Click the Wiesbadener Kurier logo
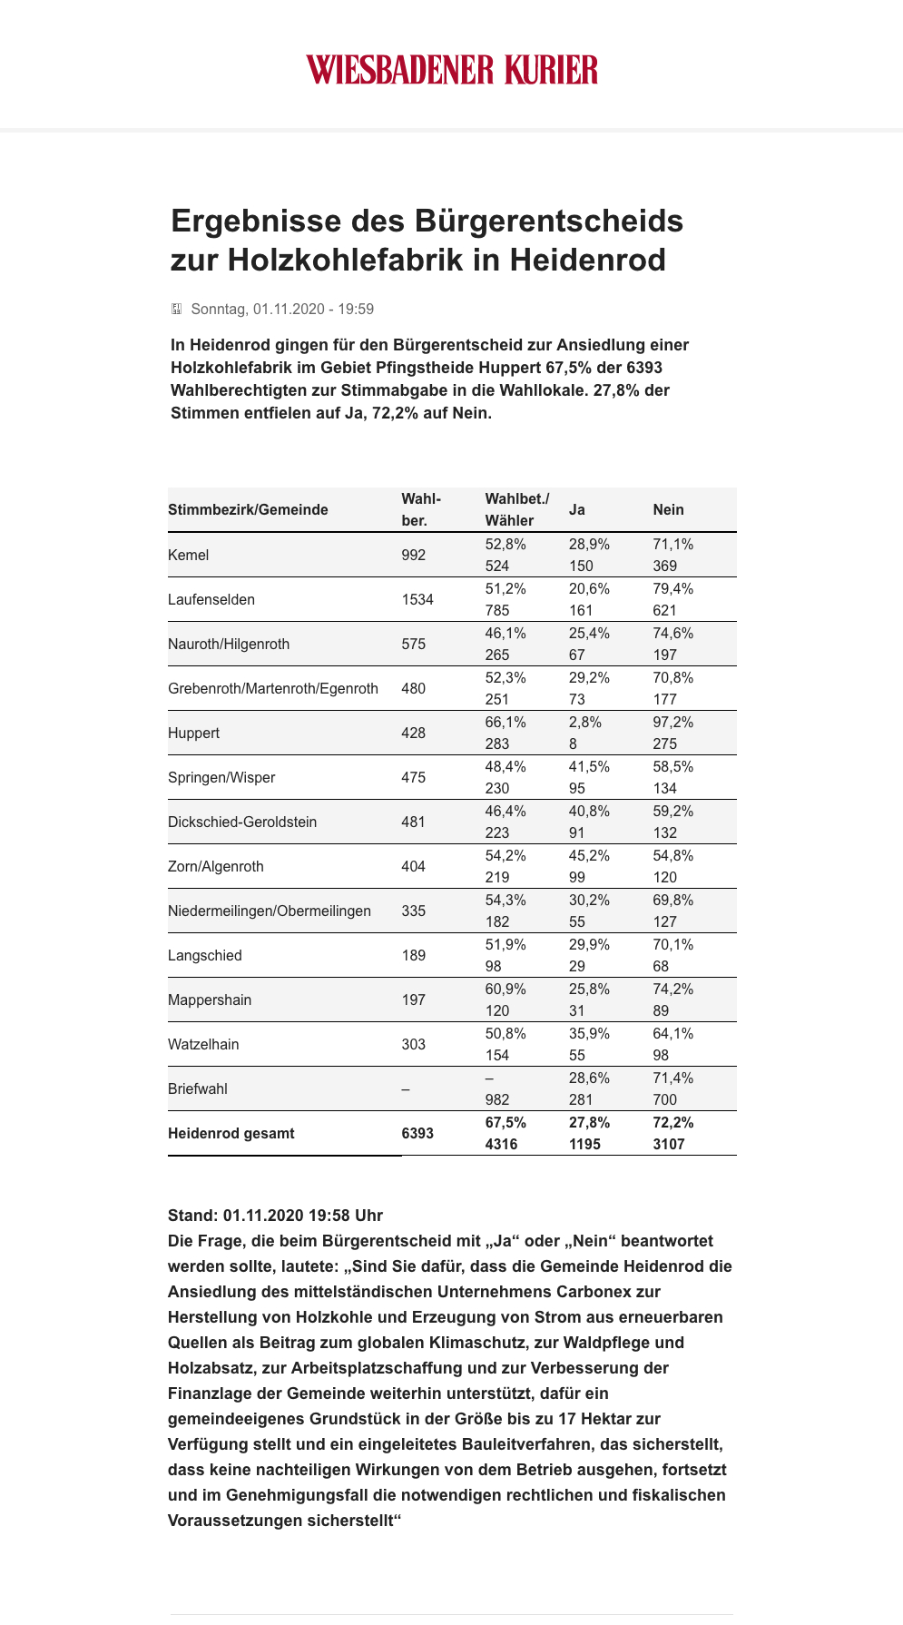452,70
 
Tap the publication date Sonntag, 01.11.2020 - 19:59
282,309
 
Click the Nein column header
668,510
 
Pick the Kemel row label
189,555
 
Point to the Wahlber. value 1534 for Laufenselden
417,599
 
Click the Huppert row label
193,733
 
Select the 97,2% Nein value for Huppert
672,723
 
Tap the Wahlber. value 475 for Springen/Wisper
414,777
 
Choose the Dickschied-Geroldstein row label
242,822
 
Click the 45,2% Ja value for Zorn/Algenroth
589,856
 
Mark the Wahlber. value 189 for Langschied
414,955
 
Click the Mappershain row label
210,1000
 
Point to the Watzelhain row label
203,1044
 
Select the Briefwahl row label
198,1088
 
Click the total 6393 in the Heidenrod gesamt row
417,1133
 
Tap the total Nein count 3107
669,1144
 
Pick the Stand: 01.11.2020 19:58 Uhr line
275,1216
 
